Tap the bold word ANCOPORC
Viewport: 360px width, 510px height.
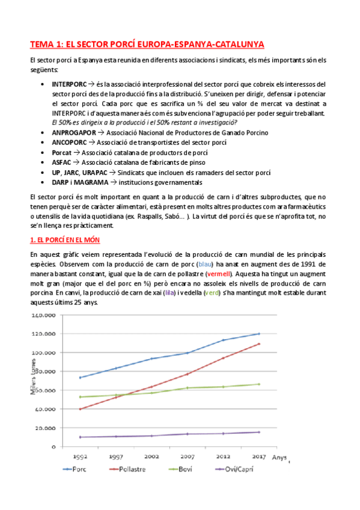[70, 143]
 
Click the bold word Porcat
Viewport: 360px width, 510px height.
[62, 153]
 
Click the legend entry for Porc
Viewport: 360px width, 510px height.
[84, 470]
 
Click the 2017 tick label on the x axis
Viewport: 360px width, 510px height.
[258, 456]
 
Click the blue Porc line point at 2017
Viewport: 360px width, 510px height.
[259, 334]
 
